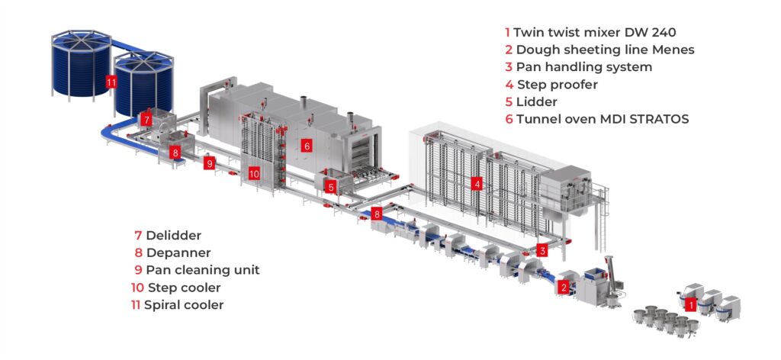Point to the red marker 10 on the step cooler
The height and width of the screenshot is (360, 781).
(x=254, y=174)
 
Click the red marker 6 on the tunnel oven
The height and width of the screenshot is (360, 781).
(x=306, y=145)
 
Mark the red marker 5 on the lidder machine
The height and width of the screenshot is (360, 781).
(x=330, y=185)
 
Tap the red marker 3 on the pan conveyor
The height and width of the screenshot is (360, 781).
(x=542, y=249)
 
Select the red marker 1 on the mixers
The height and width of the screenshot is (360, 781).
(x=690, y=304)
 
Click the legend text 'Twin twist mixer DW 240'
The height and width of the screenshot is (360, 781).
(x=595, y=33)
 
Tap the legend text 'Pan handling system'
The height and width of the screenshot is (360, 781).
(x=583, y=67)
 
